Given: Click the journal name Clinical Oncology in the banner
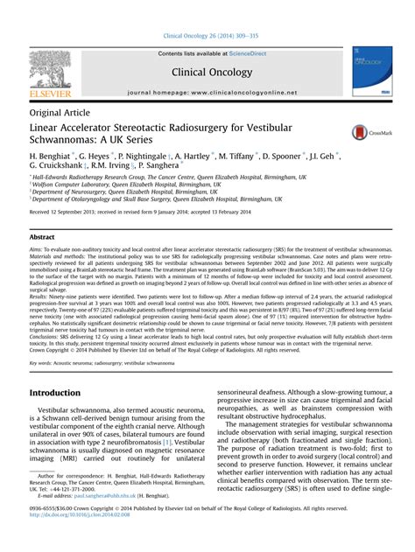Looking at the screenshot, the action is (x=208, y=73).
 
